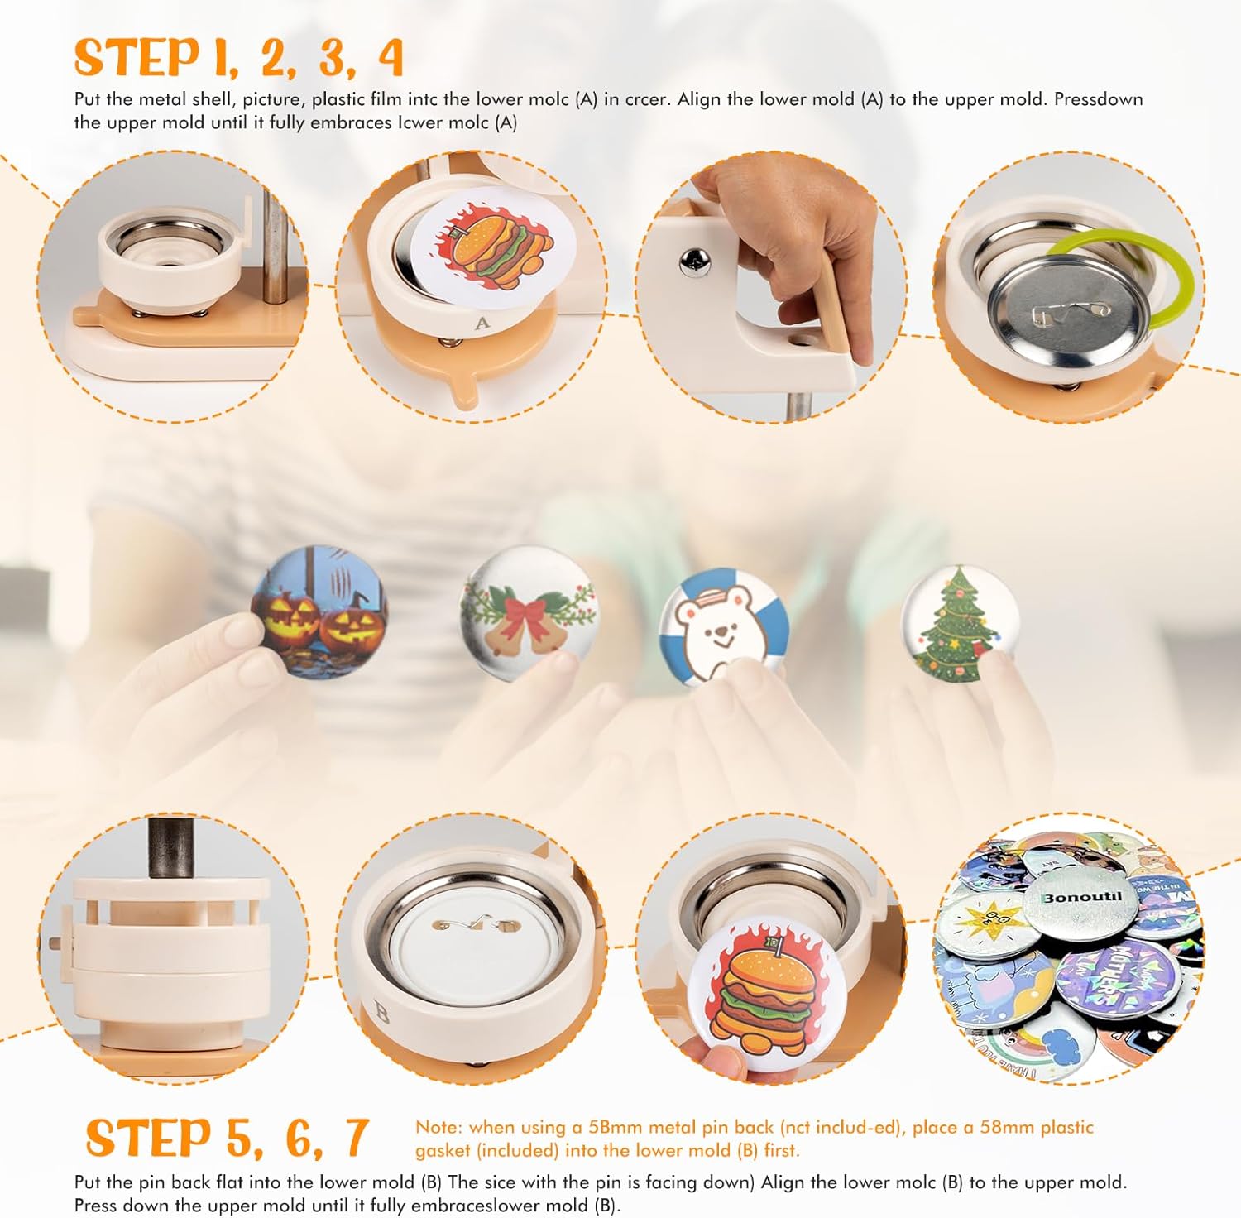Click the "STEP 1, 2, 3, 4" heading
pos(238,58)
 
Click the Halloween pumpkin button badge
pos(319,611)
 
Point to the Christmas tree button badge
pos(958,623)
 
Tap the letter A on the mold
pos(482,324)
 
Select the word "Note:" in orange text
pos(439,1127)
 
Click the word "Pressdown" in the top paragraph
pos(1098,99)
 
